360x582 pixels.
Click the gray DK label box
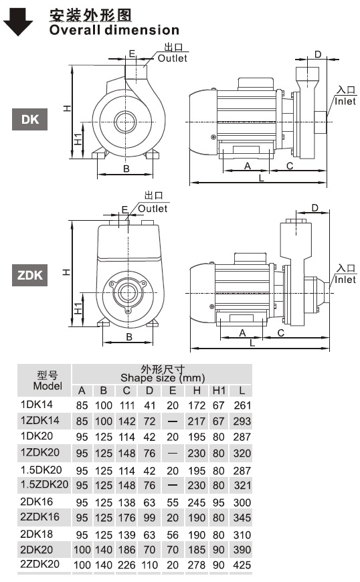pyautogui.click(x=29, y=119)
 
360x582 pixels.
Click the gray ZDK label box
pyautogui.click(x=29, y=275)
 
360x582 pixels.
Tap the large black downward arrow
pyautogui.click(x=18, y=22)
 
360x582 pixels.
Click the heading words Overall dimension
pyautogui.click(x=114, y=29)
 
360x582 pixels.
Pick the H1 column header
pyautogui.click(x=219, y=391)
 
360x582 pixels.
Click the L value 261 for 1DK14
pyautogui.click(x=242, y=405)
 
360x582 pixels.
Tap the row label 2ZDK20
pyautogui.click(x=39, y=564)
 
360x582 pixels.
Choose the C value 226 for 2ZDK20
pyautogui.click(x=126, y=565)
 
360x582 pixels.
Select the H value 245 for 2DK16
pyautogui.click(x=197, y=502)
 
